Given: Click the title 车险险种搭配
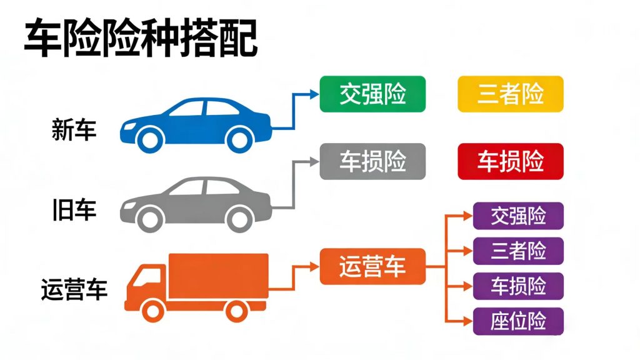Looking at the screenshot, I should click(140, 39).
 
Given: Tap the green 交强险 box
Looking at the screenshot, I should click(372, 94).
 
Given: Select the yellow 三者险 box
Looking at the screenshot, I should click(510, 94).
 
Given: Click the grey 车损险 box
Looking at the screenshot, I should click(372, 161).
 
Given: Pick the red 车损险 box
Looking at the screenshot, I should click(510, 161).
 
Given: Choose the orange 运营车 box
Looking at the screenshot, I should click(372, 266).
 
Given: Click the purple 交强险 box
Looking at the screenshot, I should click(518, 216).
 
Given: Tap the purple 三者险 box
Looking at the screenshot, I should click(518, 251).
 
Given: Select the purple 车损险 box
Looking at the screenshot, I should click(518, 286).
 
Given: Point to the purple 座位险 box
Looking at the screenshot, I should click(518, 321).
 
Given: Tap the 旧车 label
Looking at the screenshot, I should click(74, 210).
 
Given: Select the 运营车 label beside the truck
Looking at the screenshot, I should click(74, 289).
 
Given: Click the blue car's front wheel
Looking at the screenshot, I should click(150, 139).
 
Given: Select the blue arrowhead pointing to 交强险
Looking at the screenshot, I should click(314, 94).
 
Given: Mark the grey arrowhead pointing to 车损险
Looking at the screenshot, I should click(314, 161).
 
